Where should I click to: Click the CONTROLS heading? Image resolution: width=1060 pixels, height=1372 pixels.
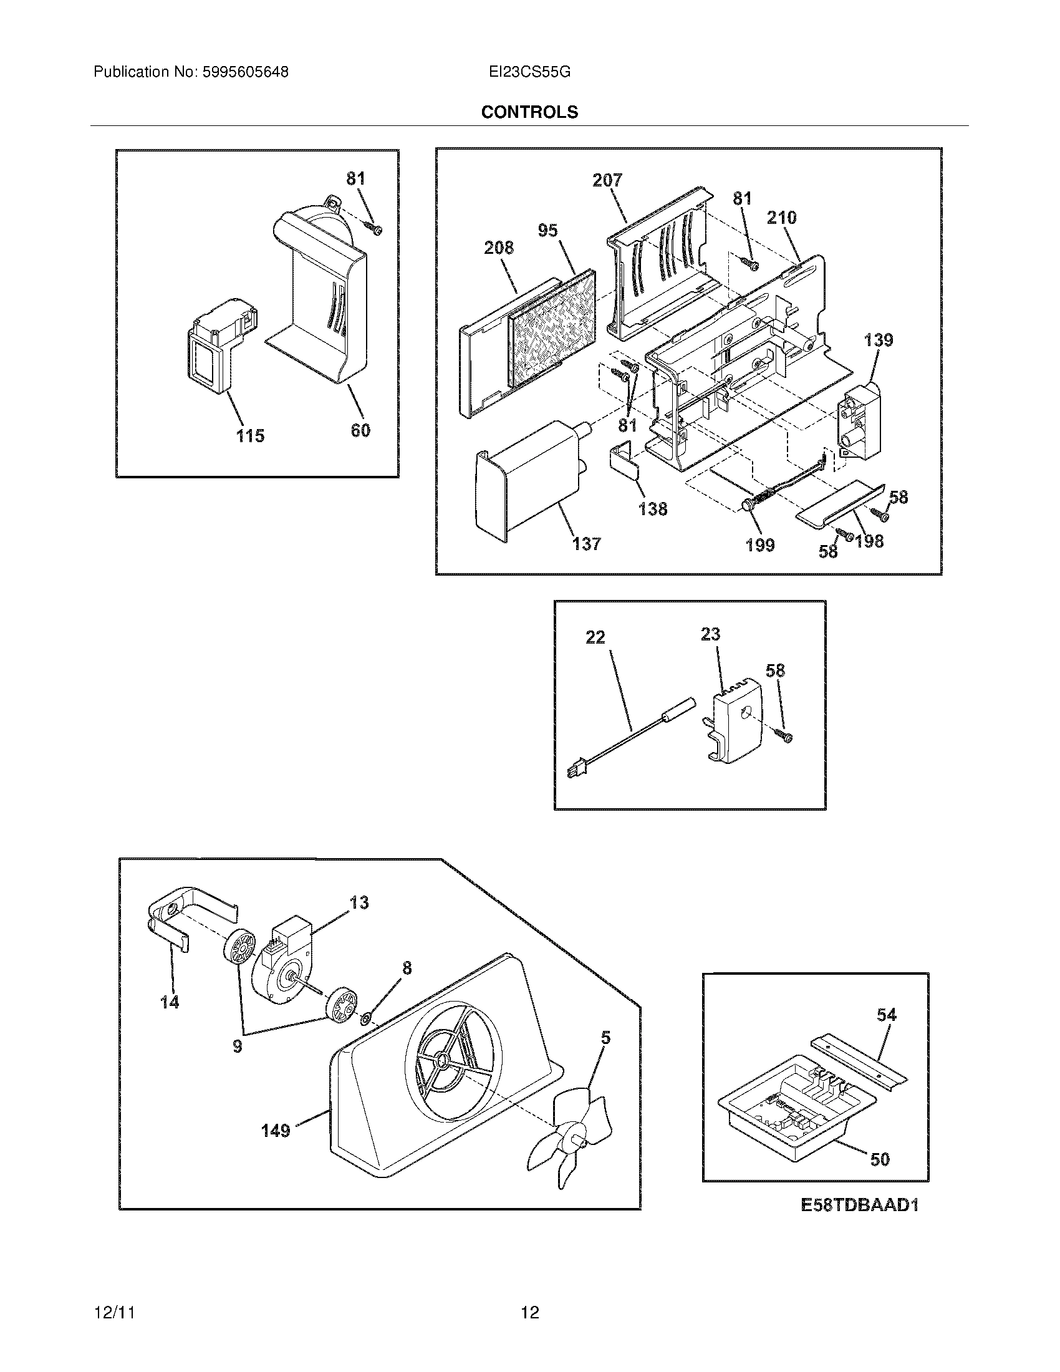pos(529,112)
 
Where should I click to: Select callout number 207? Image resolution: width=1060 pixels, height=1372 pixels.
pos(607,180)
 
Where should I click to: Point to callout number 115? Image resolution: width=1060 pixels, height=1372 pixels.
pos(250,435)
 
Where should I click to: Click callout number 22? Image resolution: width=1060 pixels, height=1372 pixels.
pos(595,637)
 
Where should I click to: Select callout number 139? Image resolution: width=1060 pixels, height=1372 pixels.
pos(878,341)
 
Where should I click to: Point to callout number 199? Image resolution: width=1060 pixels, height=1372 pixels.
pos(760,544)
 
